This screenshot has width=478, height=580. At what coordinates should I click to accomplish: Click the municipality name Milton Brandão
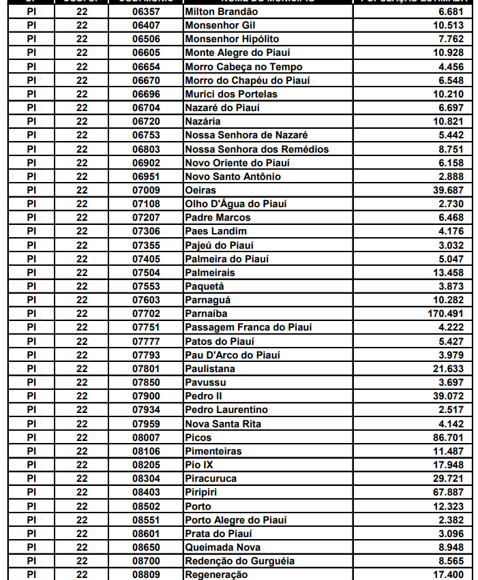(x=221, y=12)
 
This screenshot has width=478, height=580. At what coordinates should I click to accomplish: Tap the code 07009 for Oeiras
(x=146, y=190)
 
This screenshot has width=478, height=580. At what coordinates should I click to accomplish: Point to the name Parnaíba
(x=207, y=314)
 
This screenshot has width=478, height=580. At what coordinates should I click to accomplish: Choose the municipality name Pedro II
(x=203, y=396)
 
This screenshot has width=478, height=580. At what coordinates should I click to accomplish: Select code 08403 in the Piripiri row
(x=146, y=492)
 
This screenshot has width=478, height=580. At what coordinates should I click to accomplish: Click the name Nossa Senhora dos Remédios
(x=256, y=149)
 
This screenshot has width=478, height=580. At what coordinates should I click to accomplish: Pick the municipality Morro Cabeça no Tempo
(x=243, y=67)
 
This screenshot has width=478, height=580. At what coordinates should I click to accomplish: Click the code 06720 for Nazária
(x=146, y=121)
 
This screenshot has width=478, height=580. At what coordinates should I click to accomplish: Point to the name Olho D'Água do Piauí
(x=236, y=204)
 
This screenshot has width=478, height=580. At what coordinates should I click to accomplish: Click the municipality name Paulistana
(x=210, y=369)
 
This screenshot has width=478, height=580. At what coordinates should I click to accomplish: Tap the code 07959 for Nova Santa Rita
(x=146, y=424)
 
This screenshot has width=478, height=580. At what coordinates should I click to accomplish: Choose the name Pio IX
(x=199, y=465)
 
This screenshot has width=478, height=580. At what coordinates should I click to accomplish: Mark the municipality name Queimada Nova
(x=222, y=547)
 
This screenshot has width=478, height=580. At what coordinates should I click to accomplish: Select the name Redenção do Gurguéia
(x=239, y=561)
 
